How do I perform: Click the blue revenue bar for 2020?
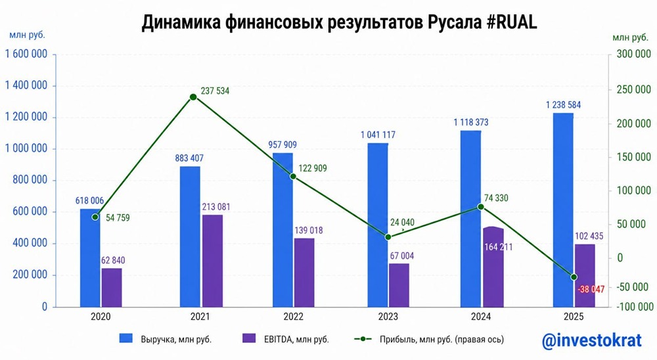point(91,258)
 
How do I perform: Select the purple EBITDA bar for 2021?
point(212,260)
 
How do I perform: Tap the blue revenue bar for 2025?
point(563,210)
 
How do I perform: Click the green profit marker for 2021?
point(193,97)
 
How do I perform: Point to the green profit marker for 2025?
point(574,277)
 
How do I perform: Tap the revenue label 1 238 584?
point(563,104)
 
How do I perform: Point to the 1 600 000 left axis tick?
point(26,55)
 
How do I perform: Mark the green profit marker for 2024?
point(480,207)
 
